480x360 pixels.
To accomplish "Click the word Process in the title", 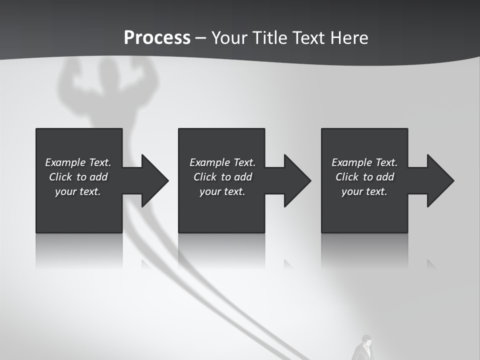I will point(157,37).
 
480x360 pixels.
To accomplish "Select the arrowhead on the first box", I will point(152,180).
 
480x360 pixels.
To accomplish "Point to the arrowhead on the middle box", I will point(294,180).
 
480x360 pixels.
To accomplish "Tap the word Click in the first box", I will point(60,177).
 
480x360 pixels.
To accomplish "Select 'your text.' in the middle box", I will point(222,191).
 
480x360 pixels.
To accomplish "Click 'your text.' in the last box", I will point(364,191).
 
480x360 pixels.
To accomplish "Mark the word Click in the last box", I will point(347,177).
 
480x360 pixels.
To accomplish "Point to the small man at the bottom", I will point(363,348).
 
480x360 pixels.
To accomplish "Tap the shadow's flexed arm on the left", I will point(69,77).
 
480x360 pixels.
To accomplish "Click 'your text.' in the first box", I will point(77,191).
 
